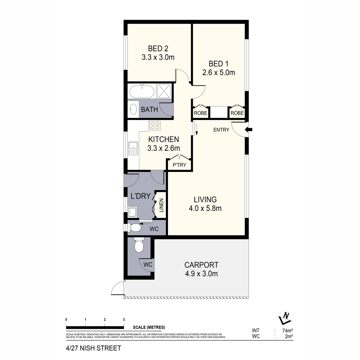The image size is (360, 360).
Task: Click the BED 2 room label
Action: [158, 48]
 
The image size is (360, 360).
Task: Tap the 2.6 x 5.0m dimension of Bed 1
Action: [219, 72]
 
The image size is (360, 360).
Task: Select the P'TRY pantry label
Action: [179, 165]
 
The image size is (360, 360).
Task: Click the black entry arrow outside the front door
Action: [249, 130]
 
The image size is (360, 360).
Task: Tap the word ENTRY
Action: [221, 130]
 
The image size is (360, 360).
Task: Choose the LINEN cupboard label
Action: [161, 205]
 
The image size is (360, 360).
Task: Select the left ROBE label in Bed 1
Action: [200, 113]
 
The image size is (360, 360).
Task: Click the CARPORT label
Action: [201, 265]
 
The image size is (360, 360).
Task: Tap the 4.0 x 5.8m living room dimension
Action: [205, 208]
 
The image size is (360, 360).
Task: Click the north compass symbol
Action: [284, 318]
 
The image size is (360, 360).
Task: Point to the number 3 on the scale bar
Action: [124, 319]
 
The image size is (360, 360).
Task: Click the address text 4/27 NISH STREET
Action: [93, 348]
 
